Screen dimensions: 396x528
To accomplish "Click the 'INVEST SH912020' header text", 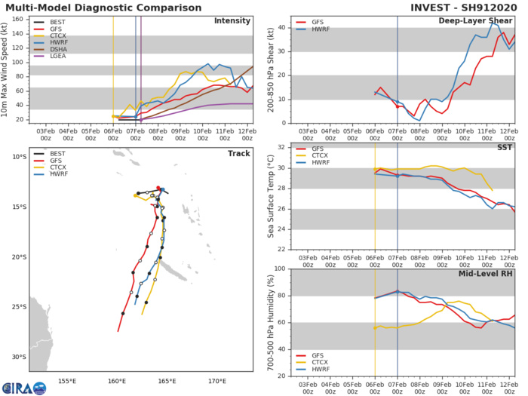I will [x=470, y=8].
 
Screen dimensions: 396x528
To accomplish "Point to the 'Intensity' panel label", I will [x=233, y=21].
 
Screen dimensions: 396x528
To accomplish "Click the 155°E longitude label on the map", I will [x=69, y=381].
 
